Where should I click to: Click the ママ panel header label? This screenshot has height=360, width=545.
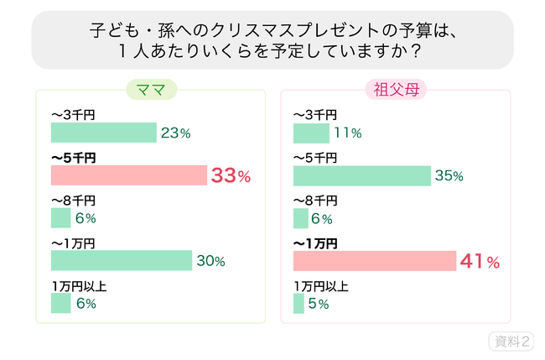tap(149, 91)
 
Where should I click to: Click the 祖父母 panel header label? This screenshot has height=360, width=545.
tap(394, 91)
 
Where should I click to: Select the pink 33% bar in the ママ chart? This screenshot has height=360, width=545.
tap(128, 175)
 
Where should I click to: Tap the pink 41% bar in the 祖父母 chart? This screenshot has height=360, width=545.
tap(374, 260)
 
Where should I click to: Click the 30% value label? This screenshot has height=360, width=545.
tap(210, 261)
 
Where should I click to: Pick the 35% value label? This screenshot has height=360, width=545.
tap(449, 176)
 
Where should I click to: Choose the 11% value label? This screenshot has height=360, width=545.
tap(347, 133)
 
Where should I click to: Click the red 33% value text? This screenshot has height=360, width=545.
tap(231, 176)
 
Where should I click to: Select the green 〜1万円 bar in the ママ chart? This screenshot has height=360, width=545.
tap(122, 261)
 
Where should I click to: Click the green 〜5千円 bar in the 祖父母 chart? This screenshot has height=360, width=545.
tap(362, 175)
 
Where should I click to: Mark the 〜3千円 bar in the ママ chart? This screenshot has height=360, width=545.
tap(104, 133)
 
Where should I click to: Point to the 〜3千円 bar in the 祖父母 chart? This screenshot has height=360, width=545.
tap(311, 133)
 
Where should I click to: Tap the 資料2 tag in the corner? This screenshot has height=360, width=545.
tap(511, 342)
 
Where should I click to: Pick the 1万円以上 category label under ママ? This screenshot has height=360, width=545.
tap(79, 286)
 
